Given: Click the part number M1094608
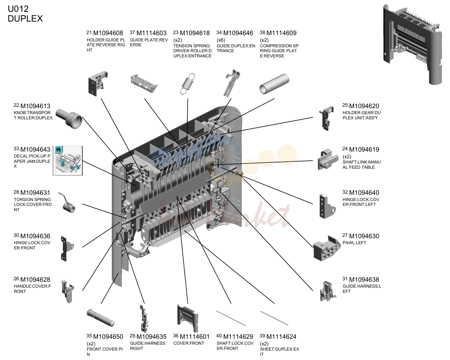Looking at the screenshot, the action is tap(108, 33).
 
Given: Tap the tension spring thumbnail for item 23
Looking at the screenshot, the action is tap(188, 84).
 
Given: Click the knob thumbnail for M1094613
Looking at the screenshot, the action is tap(69, 119).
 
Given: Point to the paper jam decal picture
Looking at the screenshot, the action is tap(68, 161).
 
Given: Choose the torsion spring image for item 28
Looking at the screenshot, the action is tap(67, 202).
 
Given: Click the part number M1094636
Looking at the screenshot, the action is tap(35, 236).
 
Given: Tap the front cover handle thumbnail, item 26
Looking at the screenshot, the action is tap(67, 291).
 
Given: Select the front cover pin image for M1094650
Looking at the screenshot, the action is tap(100, 318).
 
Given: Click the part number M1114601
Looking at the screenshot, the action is tap(195, 337).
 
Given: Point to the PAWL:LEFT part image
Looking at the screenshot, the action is tap(327, 248).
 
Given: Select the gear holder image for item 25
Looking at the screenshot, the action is tap(326, 118).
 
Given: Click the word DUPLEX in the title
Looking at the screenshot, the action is tap(25, 19).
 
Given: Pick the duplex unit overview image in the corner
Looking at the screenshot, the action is tap(412, 45).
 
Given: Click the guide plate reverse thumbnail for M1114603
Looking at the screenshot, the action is tap(144, 83).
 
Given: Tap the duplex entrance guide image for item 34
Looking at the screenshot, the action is tap(232, 83).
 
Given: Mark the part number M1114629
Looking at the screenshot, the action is tap(238, 337).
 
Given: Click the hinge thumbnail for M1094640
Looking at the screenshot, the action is tap(327, 206).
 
